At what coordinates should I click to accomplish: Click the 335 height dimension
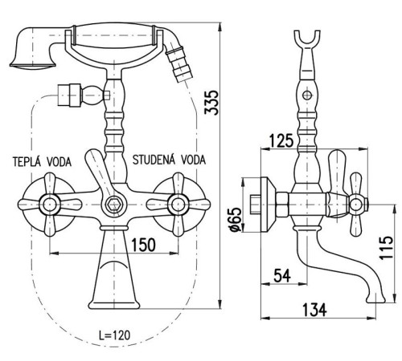point(211,103)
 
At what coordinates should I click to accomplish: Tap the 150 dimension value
point(143,245)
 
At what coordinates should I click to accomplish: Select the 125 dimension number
point(281,140)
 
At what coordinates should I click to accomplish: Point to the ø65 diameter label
point(236,220)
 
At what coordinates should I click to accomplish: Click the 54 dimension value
point(282,276)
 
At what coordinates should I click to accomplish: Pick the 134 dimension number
point(314,310)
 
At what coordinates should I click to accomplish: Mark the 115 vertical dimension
point(386,248)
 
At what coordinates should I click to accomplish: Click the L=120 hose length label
point(115,335)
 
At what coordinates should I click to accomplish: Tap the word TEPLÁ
point(27,162)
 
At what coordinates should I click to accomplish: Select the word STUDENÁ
point(154,160)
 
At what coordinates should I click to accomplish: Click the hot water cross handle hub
point(50,205)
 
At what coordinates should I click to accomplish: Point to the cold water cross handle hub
point(178,205)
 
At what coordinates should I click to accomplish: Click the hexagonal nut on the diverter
point(113,205)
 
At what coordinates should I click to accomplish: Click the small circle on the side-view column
point(307,95)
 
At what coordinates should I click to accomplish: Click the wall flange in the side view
point(268,205)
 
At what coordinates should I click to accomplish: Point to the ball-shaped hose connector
point(92,95)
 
